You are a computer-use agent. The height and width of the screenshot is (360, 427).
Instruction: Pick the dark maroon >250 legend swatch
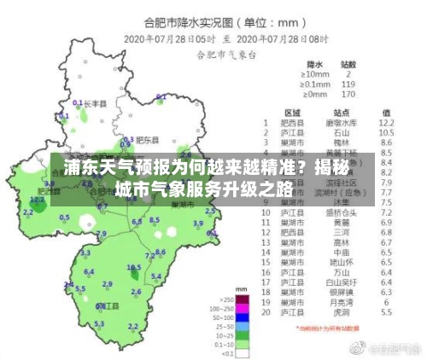coord(243,300)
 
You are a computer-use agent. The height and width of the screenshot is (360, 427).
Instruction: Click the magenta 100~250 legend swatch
coord(243,309)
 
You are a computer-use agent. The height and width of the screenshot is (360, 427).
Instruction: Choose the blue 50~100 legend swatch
coord(243,317)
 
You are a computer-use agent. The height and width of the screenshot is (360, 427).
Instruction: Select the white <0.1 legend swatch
coord(243,351)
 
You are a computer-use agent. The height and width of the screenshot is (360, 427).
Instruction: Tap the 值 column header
coord(386,113)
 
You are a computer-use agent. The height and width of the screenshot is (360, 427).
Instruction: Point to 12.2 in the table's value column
coord(385,124)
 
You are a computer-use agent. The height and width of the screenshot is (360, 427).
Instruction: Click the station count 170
coord(348,95)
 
